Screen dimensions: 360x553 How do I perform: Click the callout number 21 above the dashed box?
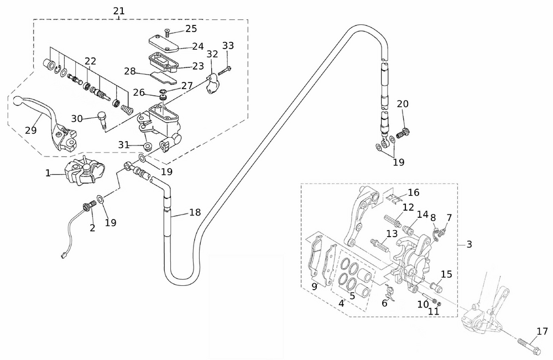click(118, 11)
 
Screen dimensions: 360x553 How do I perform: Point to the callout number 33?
click(228, 45)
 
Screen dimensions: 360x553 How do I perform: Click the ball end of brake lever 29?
click(18, 102)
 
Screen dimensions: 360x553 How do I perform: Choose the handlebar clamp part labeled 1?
click(81, 171)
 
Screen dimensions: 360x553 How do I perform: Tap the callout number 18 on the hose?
click(195, 212)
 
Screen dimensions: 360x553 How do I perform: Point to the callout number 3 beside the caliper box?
click(469, 244)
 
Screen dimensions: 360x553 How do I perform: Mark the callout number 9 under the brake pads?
click(314, 286)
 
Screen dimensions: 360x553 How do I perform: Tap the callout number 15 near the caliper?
click(446, 274)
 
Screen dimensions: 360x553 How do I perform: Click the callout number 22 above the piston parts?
click(90, 61)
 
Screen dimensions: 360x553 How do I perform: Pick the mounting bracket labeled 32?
click(211, 85)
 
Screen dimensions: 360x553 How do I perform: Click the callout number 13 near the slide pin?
click(392, 233)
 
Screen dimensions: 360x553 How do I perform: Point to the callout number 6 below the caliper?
click(384, 302)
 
